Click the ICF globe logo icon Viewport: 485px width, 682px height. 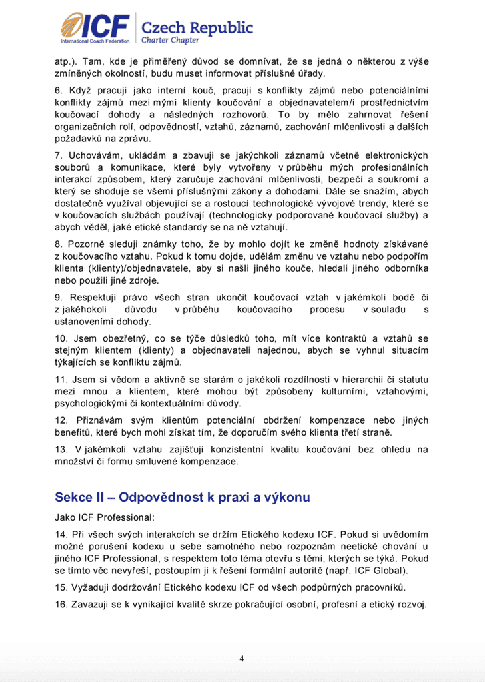point(75,26)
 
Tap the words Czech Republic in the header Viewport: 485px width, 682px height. point(194,28)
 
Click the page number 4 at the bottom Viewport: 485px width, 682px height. point(242,659)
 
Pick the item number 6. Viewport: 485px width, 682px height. point(59,90)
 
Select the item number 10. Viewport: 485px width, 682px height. point(61,339)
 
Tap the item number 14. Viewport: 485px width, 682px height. point(61,534)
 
